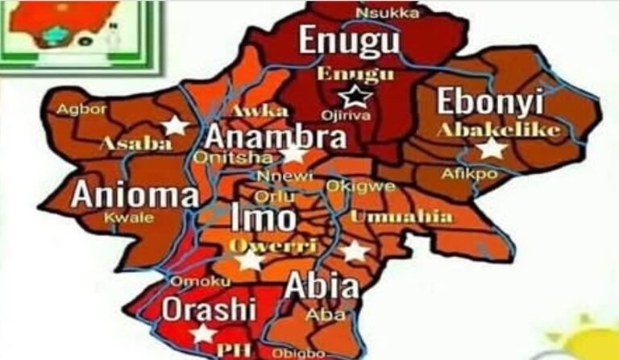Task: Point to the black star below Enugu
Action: coord(351,98)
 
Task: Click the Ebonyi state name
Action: coord(490,102)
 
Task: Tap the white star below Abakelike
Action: coord(491,148)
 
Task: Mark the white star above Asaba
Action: coord(174,125)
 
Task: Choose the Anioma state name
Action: coord(135,195)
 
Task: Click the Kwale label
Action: coord(122,217)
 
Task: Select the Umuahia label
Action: coord(401,217)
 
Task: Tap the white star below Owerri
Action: coord(250,261)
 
